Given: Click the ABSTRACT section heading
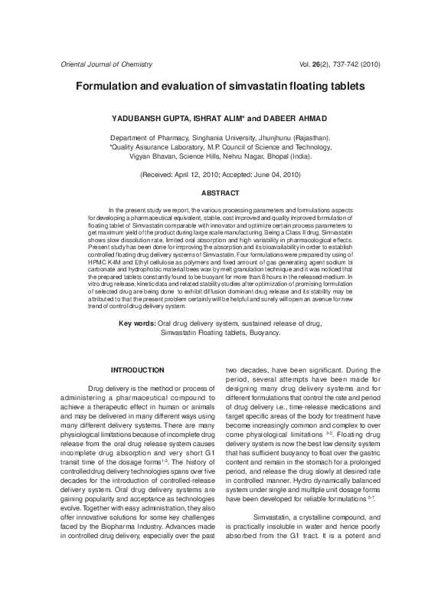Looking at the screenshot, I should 220,193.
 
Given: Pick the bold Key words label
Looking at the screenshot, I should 137,323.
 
